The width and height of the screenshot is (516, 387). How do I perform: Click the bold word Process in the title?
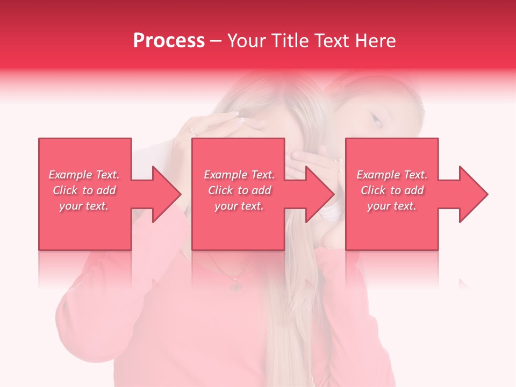[x=169, y=41]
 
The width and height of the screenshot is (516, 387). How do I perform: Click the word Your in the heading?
[x=247, y=41]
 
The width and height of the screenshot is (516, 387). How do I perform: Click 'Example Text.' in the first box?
[x=84, y=175]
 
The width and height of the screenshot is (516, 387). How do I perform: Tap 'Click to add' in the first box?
[x=84, y=190]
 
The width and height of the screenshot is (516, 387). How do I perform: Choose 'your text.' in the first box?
[x=84, y=206]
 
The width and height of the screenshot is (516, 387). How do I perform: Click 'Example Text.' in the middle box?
[x=239, y=175]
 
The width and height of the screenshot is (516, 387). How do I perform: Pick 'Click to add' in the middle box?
[x=239, y=190]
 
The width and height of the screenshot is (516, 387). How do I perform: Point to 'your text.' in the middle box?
[x=239, y=206]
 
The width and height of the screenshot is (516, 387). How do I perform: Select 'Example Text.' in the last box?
[x=392, y=175]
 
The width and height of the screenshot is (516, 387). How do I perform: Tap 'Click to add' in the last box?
[x=392, y=190]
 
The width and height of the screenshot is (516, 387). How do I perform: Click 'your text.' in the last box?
[x=392, y=206]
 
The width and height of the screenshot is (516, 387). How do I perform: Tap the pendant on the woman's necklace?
[x=235, y=285]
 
